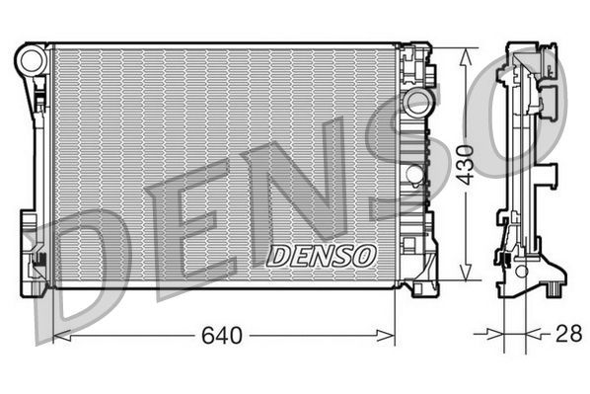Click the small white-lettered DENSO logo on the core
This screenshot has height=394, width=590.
click(x=322, y=256)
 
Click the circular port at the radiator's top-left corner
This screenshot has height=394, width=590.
click(x=31, y=60)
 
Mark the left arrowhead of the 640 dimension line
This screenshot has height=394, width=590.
click(x=58, y=336)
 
